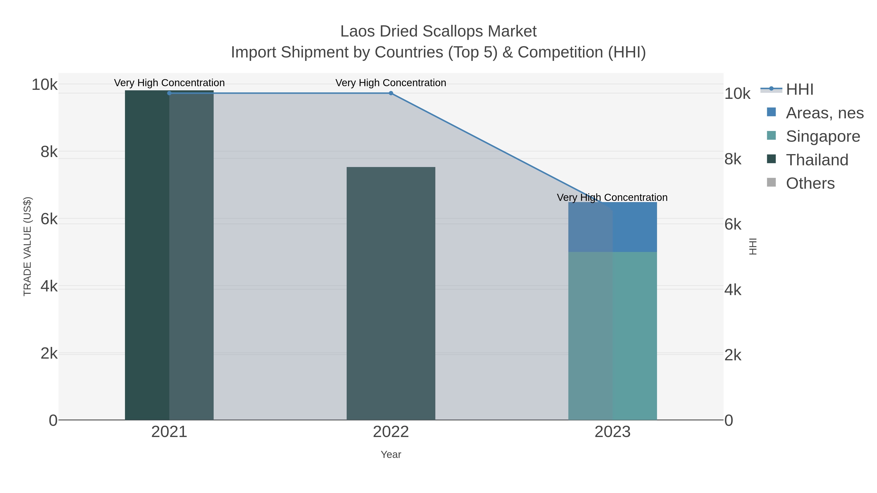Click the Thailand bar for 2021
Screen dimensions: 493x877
tap(169, 255)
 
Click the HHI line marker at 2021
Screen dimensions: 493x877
tap(169, 93)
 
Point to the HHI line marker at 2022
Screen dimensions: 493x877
tap(391, 93)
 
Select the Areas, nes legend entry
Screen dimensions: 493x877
tap(824, 113)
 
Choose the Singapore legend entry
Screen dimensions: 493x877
tap(822, 136)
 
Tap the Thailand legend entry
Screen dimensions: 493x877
tap(816, 160)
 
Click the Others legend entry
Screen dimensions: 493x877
tap(810, 183)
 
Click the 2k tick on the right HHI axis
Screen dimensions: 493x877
tap(733, 355)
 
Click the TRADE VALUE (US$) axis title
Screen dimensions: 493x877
tap(27, 246)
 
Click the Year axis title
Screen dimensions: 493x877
tap(391, 455)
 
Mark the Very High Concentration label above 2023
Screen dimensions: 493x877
tap(612, 197)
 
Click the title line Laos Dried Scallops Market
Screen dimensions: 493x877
tap(438, 31)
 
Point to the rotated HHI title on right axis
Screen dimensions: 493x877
tap(753, 246)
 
